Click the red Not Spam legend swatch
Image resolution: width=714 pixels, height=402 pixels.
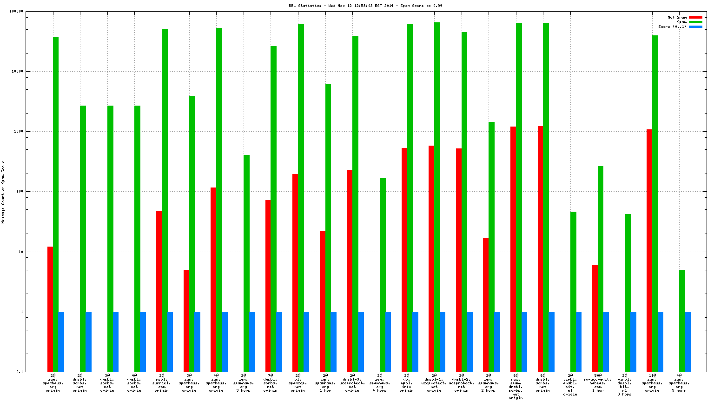[x=695, y=18]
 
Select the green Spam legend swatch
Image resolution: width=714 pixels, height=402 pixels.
[x=695, y=22]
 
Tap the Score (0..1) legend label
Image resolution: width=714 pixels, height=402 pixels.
[x=672, y=27]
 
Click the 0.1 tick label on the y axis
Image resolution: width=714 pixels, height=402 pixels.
[x=20, y=372]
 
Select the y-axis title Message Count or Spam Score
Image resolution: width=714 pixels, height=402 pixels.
[x=3, y=192]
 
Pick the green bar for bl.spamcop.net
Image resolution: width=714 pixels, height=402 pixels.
[x=301, y=198]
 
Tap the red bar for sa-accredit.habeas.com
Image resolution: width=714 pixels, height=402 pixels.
[x=595, y=318]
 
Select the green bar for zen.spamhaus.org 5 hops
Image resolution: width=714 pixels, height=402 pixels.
[x=682, y=321]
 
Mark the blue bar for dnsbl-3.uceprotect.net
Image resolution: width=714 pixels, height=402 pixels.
[x=361, y=342]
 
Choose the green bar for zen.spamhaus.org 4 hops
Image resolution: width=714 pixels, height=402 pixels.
[x=383, y=275]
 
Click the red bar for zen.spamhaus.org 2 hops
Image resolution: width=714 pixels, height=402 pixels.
[x=486, y=305]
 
